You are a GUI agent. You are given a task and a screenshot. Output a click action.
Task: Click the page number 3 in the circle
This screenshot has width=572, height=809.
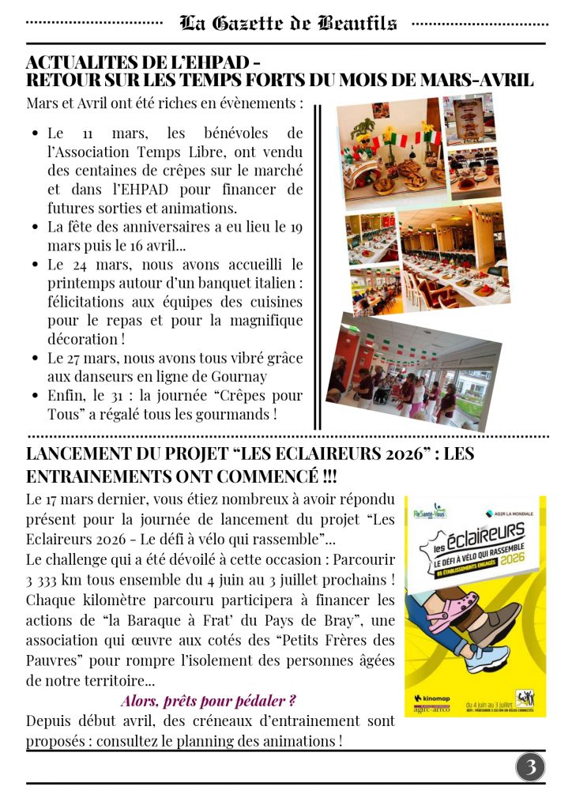[x=531, y=766]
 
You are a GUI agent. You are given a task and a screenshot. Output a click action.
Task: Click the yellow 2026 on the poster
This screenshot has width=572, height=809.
[x=523, y=556]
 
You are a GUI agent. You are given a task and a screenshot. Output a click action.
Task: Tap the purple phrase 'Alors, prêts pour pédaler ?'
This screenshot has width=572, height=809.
[x=209, y=701]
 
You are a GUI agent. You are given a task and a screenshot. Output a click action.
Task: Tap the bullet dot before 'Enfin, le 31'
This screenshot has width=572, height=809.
[x=36, y=396]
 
